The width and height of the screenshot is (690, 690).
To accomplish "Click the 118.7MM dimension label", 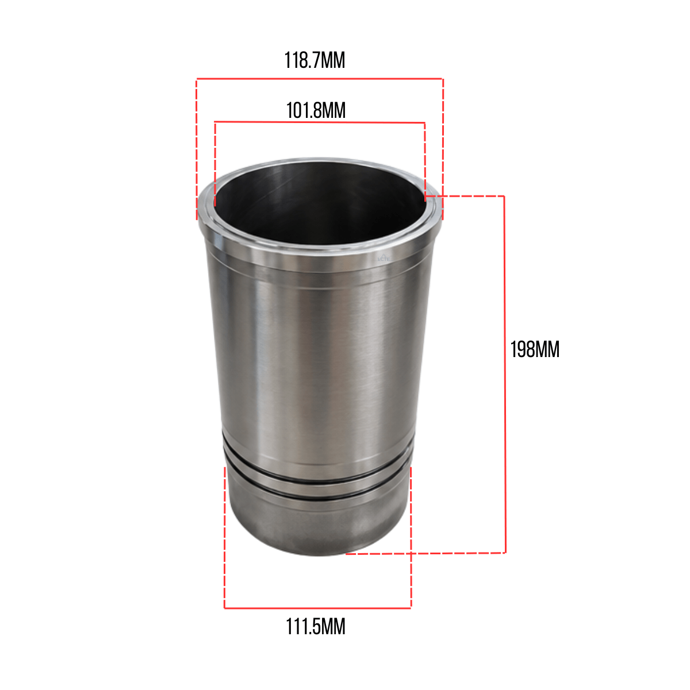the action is pos(315,60).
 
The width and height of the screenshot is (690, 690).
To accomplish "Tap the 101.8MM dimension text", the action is pos(316,110).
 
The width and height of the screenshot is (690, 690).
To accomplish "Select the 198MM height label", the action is pos(535,350).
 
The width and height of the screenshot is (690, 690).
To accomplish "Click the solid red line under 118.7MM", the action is pos(320,79).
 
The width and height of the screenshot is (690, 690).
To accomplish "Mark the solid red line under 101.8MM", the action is pos(320,122).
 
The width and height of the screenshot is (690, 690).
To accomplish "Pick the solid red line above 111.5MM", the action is pos(317,608).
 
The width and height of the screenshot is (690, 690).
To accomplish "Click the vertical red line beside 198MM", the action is pos(505,374).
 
